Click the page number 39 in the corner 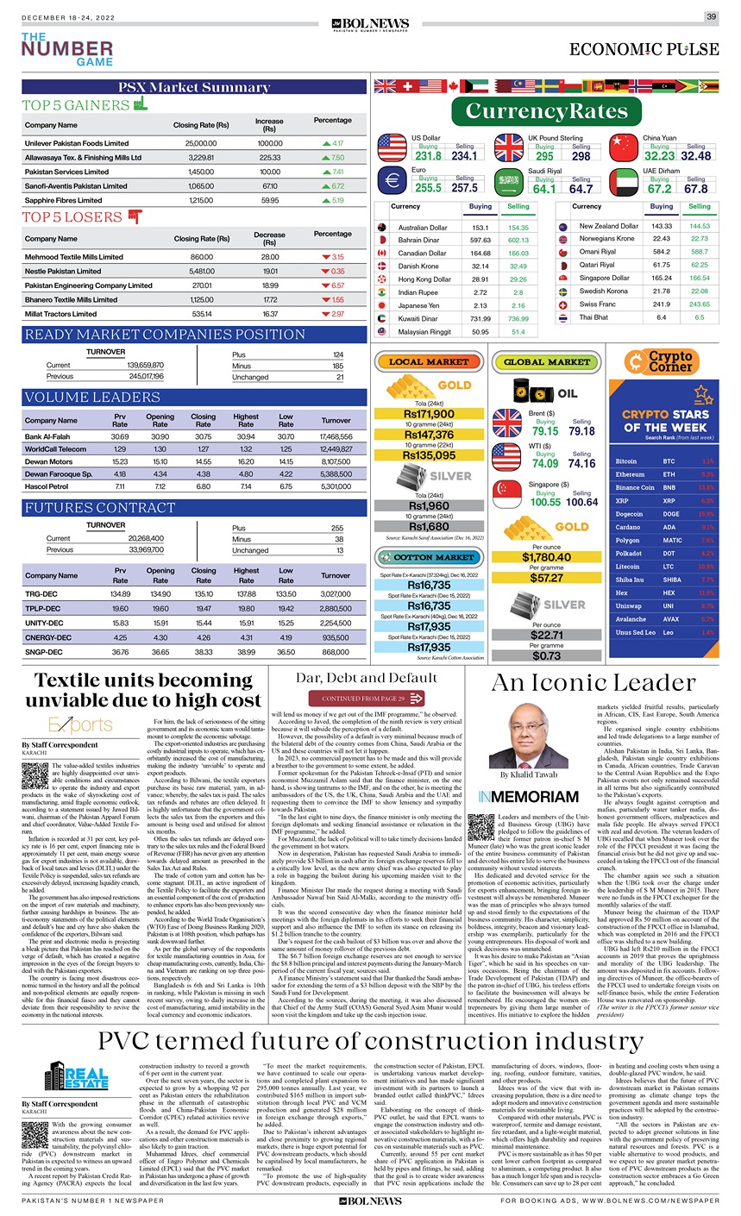click(712, 16)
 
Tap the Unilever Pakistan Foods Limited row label click(77, 143)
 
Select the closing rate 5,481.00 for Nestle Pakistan click(194, 271)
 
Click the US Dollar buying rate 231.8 click(428, 156)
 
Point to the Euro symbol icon click(392, 181)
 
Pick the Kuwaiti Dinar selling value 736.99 click(518, 318)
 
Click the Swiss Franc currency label click(597, 304)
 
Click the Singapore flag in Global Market click(506, 495)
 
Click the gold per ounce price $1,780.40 click(546, 557)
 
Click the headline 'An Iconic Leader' click(581, 683)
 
